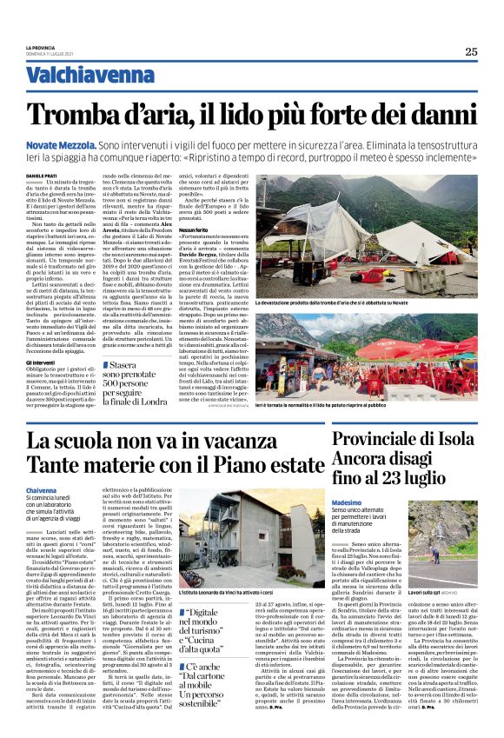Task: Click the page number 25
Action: click(470, 51)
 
